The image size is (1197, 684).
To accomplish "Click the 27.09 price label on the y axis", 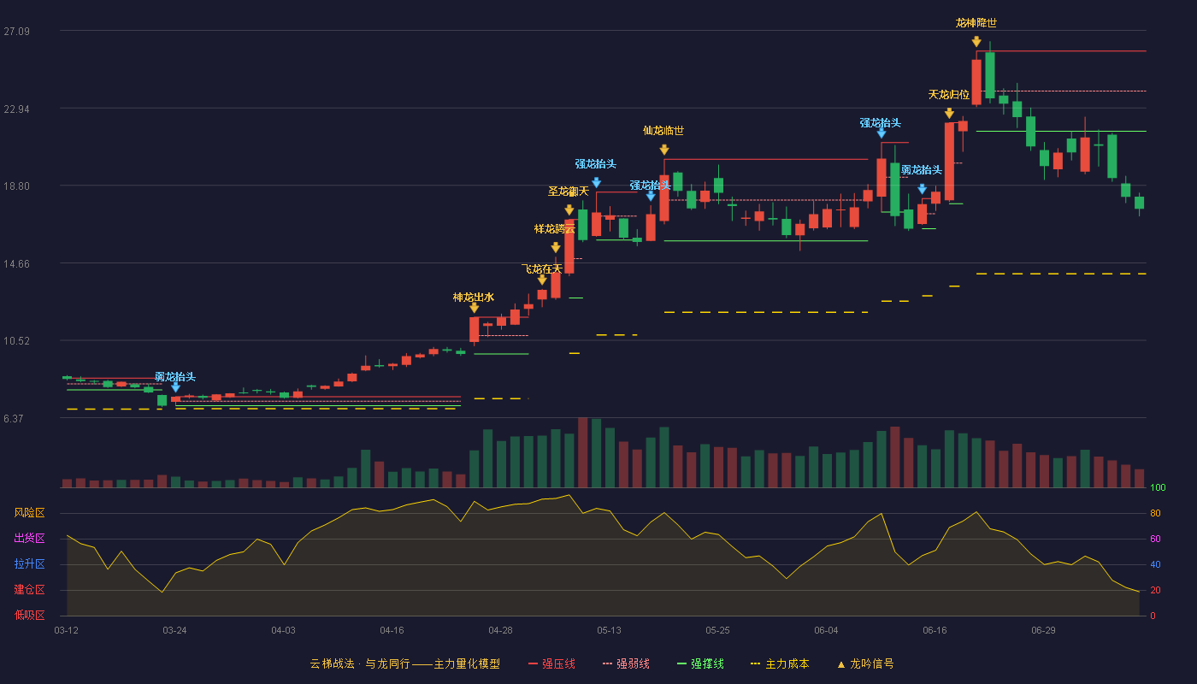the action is coord(16,32).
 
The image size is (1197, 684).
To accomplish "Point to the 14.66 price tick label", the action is coord(16,264).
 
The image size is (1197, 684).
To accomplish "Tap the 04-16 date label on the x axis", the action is coord(392,631).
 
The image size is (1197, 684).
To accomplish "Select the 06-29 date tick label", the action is coord(1043,631).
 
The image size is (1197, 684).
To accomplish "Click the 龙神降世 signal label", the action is coord(976,23).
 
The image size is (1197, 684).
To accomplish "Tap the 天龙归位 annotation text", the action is coord(948,95).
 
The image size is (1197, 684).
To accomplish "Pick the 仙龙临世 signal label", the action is coord(663,130).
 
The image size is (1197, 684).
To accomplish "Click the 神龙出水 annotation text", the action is coord(474,298).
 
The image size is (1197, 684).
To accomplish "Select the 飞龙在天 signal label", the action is coord(542,268).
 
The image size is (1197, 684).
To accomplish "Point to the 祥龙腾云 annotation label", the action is coord(555,229).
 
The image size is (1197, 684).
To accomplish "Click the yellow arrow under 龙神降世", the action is coord(976,42).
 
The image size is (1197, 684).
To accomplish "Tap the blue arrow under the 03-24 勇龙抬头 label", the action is coord(175,386).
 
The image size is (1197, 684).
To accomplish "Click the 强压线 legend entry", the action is coord(552,663).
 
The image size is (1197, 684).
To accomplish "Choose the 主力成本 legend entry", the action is coord(780,663).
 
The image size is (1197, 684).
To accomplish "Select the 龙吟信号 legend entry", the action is coord(865,663).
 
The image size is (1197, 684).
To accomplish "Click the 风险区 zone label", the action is coord(29,513).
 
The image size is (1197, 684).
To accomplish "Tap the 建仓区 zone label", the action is coord(29,589).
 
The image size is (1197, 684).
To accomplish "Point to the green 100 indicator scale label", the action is coord(1158,487).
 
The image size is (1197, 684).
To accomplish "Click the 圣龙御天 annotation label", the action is coord(568,192).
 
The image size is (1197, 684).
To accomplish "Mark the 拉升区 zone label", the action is coord(29,563).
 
